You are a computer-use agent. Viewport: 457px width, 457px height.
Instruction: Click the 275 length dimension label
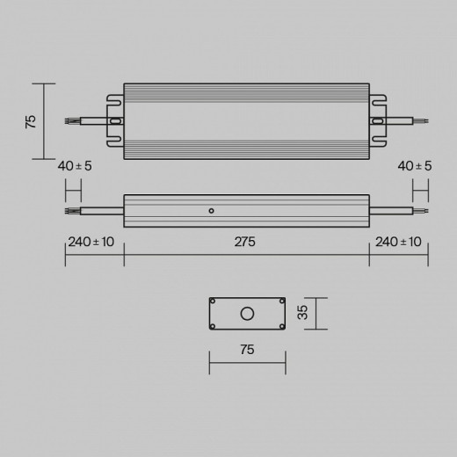coord(245,243)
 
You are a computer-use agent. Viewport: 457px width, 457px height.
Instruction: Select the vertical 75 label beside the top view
coord(30,121)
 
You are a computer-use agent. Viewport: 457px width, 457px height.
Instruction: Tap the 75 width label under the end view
coord(246,350)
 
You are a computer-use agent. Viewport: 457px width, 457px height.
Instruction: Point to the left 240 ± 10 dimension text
coord(91,243)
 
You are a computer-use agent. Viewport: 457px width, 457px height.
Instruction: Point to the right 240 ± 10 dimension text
coord(398,243)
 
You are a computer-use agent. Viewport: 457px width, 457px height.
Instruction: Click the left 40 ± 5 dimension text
coord(74,165)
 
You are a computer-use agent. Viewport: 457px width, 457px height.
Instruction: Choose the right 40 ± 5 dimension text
coord(415,165)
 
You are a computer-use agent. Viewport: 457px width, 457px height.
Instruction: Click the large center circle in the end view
coord(247,314)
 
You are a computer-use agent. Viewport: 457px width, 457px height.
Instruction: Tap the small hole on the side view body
coord(211,211)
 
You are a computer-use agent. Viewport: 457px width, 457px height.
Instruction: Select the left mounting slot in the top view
coord(113,121)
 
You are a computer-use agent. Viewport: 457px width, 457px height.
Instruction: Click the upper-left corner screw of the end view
coord(214,301)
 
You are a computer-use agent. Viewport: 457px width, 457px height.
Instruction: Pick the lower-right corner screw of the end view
coord(280,326)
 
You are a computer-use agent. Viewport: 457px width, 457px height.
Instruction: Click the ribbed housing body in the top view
coord(245,121)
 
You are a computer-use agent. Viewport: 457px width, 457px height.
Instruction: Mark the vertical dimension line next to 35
coord(316,314)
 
